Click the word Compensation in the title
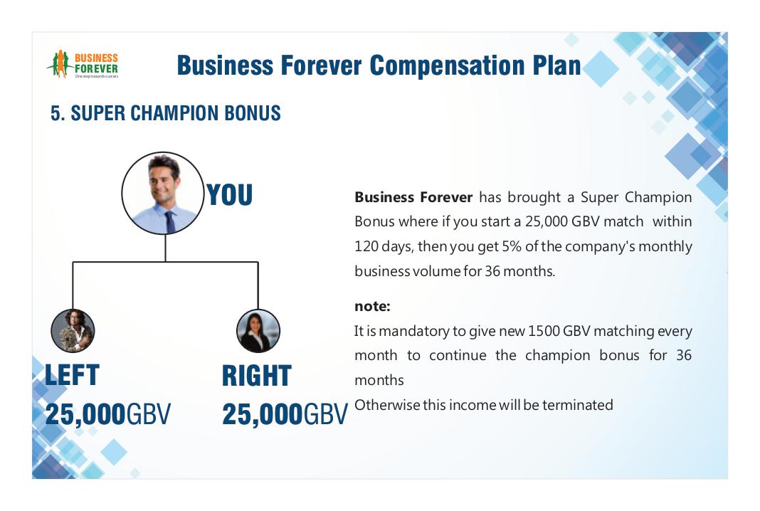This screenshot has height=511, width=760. click(446, 65)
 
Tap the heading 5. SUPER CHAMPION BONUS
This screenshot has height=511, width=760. click(166, 113)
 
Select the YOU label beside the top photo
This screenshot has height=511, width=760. click(229, 194)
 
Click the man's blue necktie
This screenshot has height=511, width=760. click(169, 222)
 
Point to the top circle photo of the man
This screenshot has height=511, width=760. click(163, 193)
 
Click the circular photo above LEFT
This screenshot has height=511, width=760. click(73, 331)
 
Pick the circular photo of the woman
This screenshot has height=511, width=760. click(258, 331)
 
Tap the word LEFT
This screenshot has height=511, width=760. click(72, 375)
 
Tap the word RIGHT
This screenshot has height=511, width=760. click(257, 376)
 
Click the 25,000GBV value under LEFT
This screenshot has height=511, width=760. click(107, 414)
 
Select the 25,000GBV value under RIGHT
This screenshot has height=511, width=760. click(285, 414)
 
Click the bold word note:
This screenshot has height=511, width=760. click(372, 307)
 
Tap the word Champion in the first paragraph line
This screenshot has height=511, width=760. click(658, 198)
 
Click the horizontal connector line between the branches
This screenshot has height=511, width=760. click(165, 263)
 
